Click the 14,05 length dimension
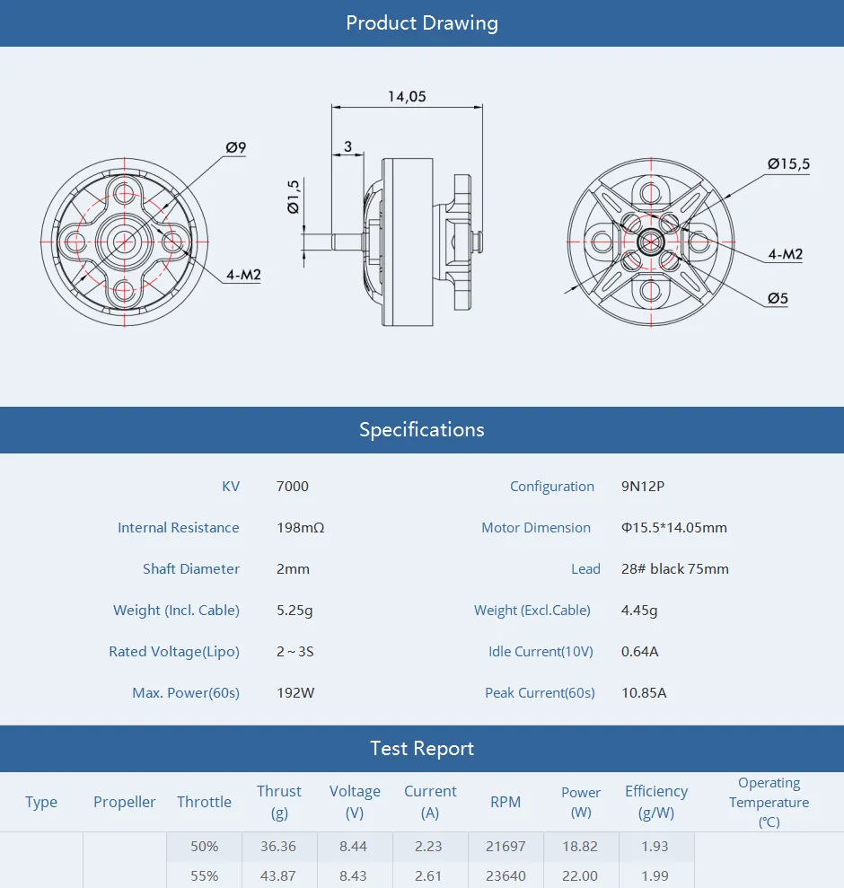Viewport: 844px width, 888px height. (407, 97)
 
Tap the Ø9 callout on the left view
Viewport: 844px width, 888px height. (236, 147)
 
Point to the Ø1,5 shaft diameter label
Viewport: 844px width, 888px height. (294, 196)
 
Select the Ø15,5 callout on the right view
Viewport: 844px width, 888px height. (787, 163)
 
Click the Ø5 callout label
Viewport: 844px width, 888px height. (778, 298)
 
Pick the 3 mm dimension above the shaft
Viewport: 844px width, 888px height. (347, 146)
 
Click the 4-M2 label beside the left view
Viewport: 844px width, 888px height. (243, 275)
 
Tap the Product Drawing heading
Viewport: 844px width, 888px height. (422, 23)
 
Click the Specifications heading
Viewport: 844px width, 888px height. (422, 429)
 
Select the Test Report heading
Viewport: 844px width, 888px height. (422, 748)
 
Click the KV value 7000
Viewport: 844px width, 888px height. (292, 487)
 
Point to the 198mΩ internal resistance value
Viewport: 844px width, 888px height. (300, 528)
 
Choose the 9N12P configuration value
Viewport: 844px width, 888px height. (642, 487)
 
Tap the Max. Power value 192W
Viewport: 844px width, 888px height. (295, 693)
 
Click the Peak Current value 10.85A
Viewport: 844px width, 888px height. (644, 693)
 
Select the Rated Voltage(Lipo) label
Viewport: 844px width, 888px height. (174, 652)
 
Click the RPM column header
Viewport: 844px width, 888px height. (506, 802)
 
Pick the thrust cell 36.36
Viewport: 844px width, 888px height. (279, 846)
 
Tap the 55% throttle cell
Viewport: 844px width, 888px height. (204, 875)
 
